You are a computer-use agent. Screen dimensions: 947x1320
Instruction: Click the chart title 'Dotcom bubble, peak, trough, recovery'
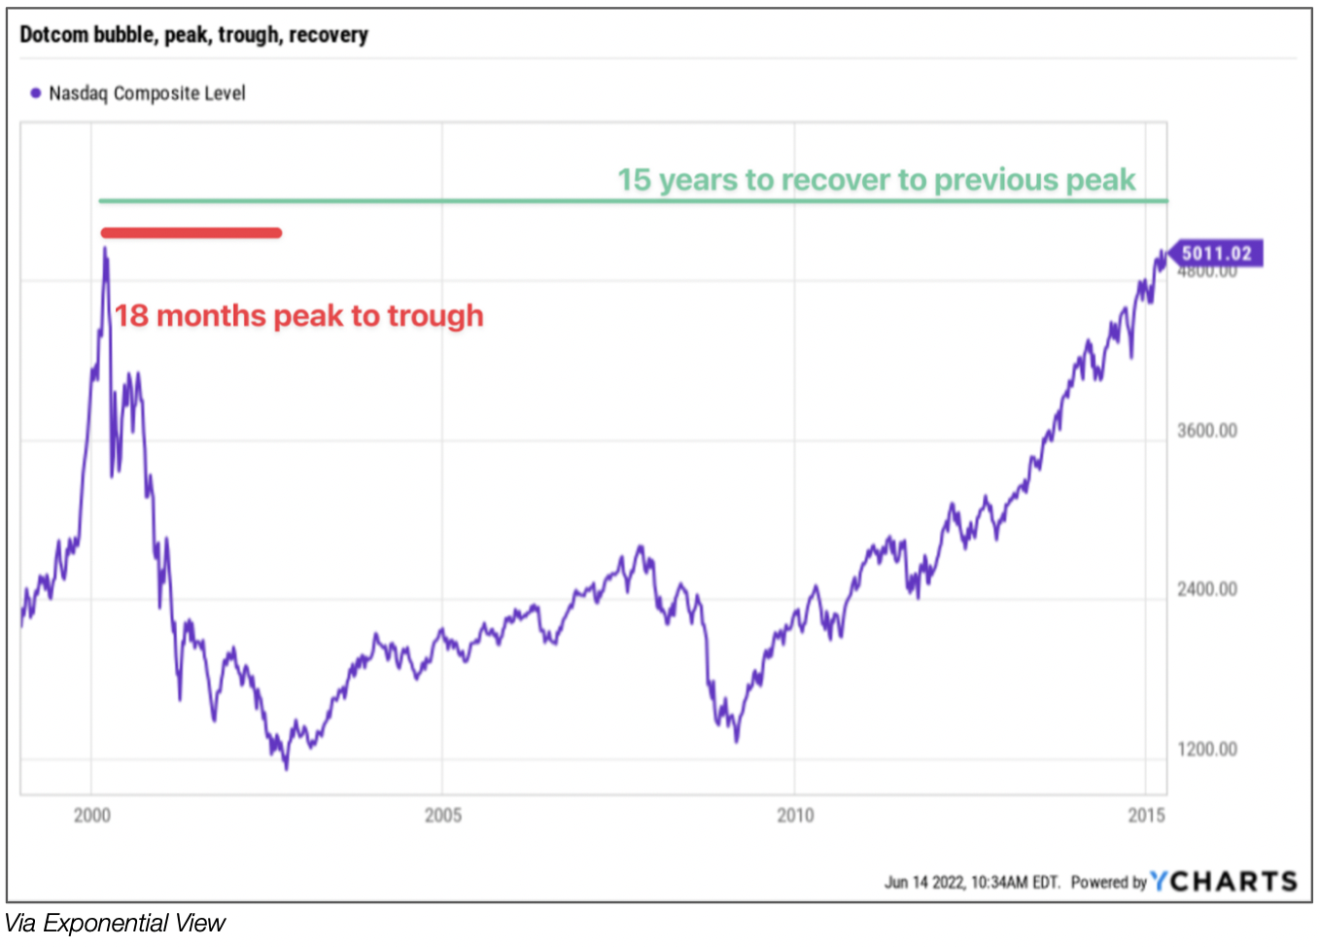click(x=193, y=35)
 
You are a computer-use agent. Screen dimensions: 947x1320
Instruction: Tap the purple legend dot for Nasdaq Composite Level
click(x=36, y=93)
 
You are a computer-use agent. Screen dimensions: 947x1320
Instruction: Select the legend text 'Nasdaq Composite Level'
click(x=147, y=93)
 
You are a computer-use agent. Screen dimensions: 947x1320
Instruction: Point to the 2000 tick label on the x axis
click(x=92, y=815)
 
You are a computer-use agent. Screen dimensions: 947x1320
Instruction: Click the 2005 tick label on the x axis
click(x=443, y=815)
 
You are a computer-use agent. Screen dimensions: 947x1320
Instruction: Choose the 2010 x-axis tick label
click(x=795, y=815)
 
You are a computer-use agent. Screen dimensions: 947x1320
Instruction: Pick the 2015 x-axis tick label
click(x=1146, y=815)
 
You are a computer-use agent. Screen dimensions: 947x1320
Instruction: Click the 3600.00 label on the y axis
click(x=1207, y=431)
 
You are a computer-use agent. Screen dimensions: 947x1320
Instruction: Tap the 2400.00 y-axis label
click(x=1207, y=589)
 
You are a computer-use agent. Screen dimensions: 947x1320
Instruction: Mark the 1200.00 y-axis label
click(x=1207, y=750)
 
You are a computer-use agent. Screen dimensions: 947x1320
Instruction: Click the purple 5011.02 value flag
click(x=1215, y=254)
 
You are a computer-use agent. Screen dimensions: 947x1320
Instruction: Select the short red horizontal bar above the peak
click(x=191, y=232)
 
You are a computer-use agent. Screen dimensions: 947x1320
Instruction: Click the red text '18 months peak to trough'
click(x=299, y=316)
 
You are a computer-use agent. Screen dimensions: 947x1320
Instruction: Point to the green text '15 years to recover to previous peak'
click(x=876, y=180)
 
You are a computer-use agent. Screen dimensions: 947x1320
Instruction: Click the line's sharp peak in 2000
click(x=105, y=249)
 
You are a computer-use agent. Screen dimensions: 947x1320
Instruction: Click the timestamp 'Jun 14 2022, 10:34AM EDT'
click(x=971, y=883)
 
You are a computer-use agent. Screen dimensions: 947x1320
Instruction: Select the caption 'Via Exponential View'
click(x=115, y=923)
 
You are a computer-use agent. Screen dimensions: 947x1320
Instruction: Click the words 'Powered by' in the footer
click(x=1108, y=883)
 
